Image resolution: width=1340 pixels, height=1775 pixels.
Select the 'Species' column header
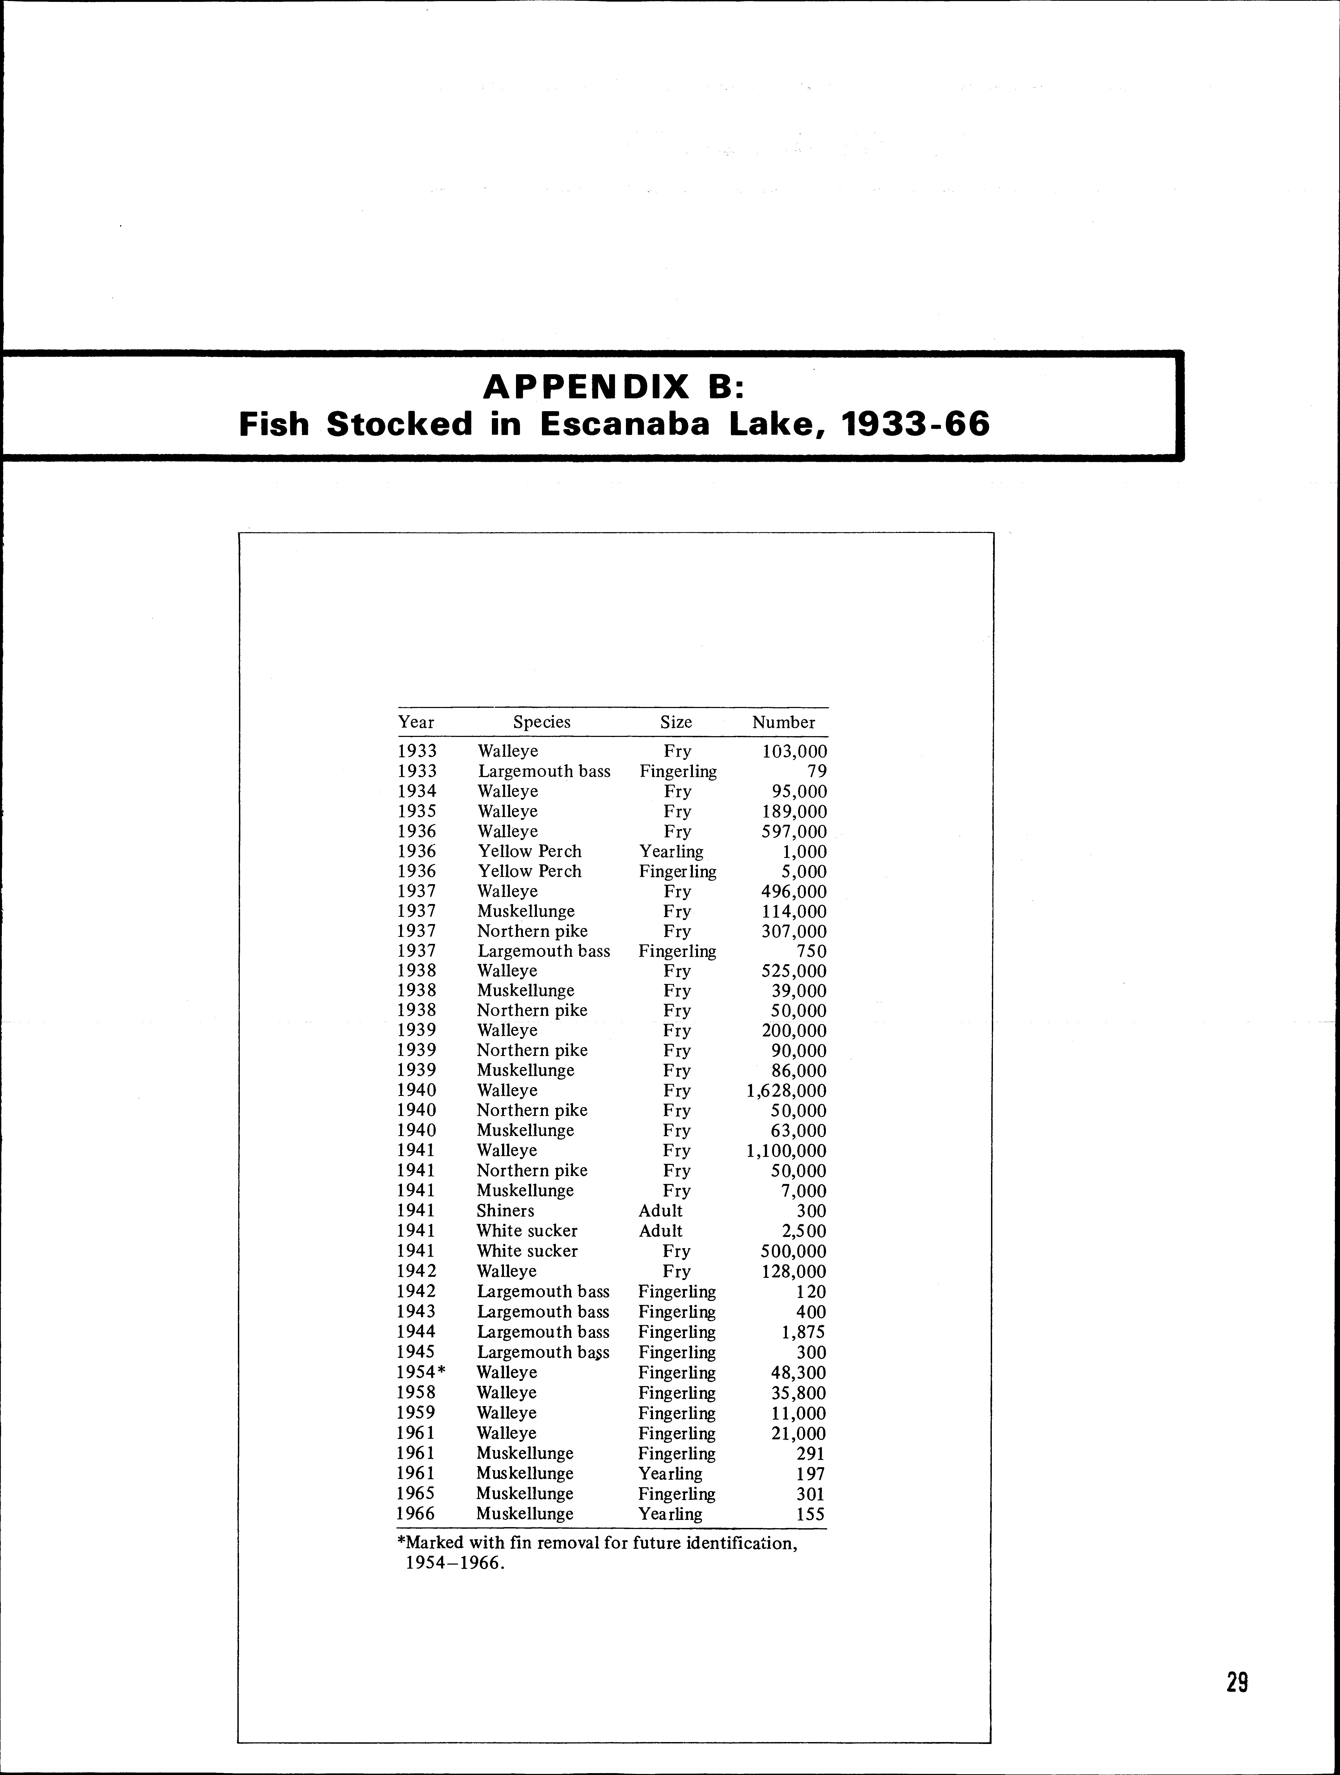point(542,722)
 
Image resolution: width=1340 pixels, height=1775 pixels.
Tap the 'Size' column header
point(675,722)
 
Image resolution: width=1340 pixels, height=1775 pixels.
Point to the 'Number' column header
point(783,722)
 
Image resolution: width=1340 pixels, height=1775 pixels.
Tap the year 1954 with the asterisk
point(420,1373)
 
